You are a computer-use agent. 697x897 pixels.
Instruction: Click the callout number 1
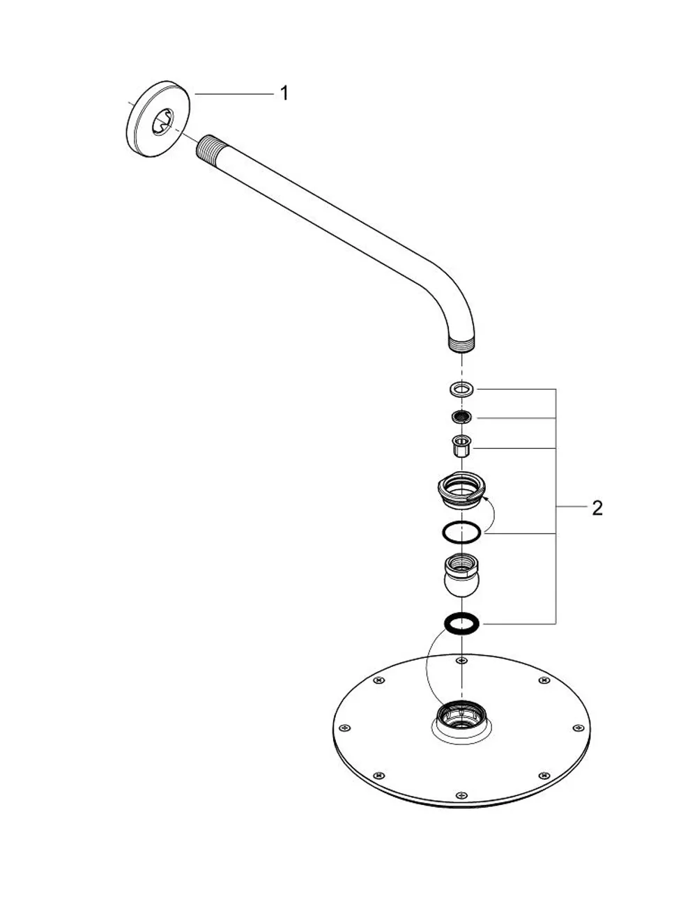pos(284,93)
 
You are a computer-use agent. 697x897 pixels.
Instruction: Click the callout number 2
pos(597,508)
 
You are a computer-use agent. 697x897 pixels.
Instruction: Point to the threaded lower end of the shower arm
pos(462,345)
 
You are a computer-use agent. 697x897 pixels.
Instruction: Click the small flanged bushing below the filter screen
pos(462,445)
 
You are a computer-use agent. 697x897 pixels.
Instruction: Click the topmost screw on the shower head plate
pos(462,661)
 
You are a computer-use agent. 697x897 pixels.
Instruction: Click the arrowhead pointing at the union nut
pos(486,500)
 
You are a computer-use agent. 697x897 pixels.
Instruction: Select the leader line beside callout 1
pos(234,94)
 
